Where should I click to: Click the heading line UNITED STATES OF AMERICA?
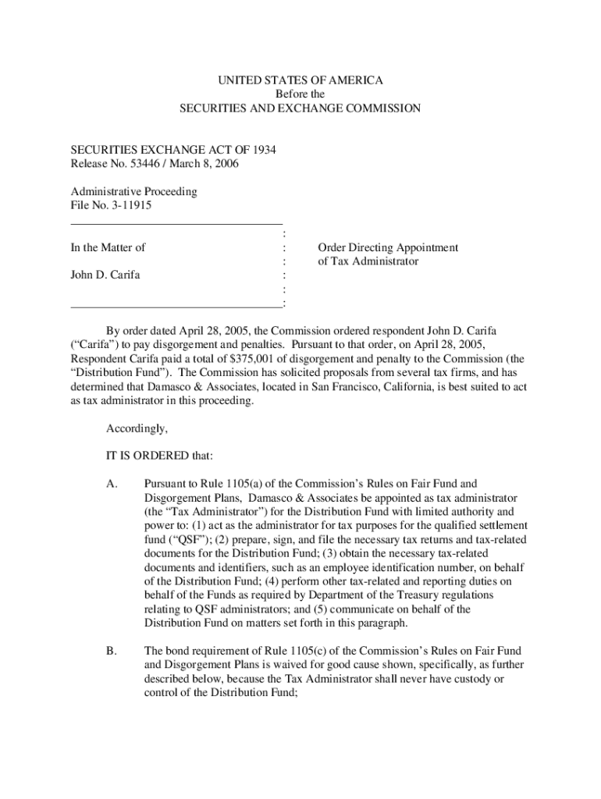click(x=300, y=80)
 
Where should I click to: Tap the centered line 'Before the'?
click(x=300, y=94)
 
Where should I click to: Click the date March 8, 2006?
click(x=208, y=164)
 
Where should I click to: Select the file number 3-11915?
click(x=130, y=206)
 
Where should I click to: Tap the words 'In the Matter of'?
click(x=108, y=247)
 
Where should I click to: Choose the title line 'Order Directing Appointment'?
click(x=387, y=247)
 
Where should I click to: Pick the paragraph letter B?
click(x=111, y=651)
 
